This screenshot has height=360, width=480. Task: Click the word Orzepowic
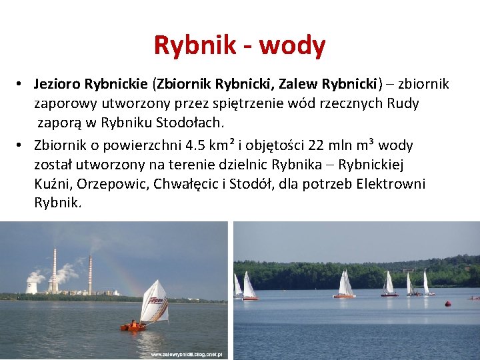[x=105, y=184]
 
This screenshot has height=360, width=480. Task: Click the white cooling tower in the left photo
[x=32, y=287]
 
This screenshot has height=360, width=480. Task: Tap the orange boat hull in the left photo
[x=133, y=327]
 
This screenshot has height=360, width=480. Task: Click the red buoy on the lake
[x=448, y=303]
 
